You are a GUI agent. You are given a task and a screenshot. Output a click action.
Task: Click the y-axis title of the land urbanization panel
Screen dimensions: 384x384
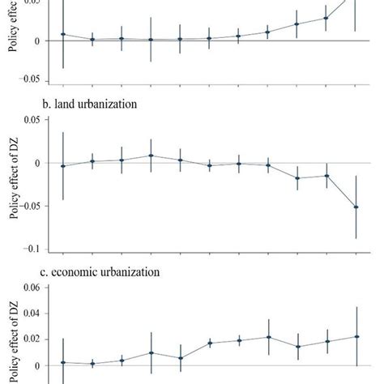pyautogui.click(x=13, y=185)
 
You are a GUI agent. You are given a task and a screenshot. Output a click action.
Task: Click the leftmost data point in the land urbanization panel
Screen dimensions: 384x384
pyautogui.click(x=63, y=166)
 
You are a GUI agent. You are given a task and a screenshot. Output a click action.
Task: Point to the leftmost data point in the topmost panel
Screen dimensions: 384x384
pyautogui.click(x=63, y=35)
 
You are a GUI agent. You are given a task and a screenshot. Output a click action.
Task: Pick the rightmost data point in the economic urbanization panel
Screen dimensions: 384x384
pyautogui.click(x=356, y=336)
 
